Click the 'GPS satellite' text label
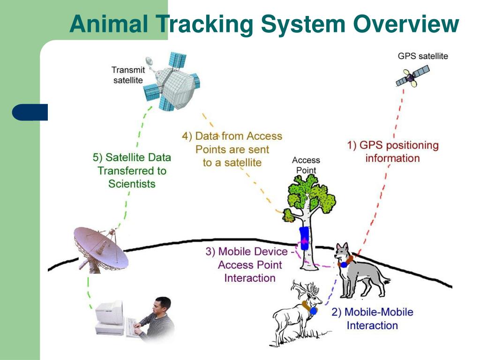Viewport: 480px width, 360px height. click(x=422, y=56)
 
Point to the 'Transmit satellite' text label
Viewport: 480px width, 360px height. click(x=128, y=75)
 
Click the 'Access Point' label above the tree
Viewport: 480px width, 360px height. click(x=306, y=165)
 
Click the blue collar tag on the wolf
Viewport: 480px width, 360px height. click(x=344, y=264)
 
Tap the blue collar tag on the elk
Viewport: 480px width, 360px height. click(x=313, y=310)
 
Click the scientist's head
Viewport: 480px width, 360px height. click(x=163, y=307)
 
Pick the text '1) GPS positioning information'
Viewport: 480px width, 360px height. click(x=393, y=151)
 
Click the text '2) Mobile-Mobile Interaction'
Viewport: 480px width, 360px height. click(x=372, y=318)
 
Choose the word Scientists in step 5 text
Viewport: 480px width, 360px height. click(x=132, y=184)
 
